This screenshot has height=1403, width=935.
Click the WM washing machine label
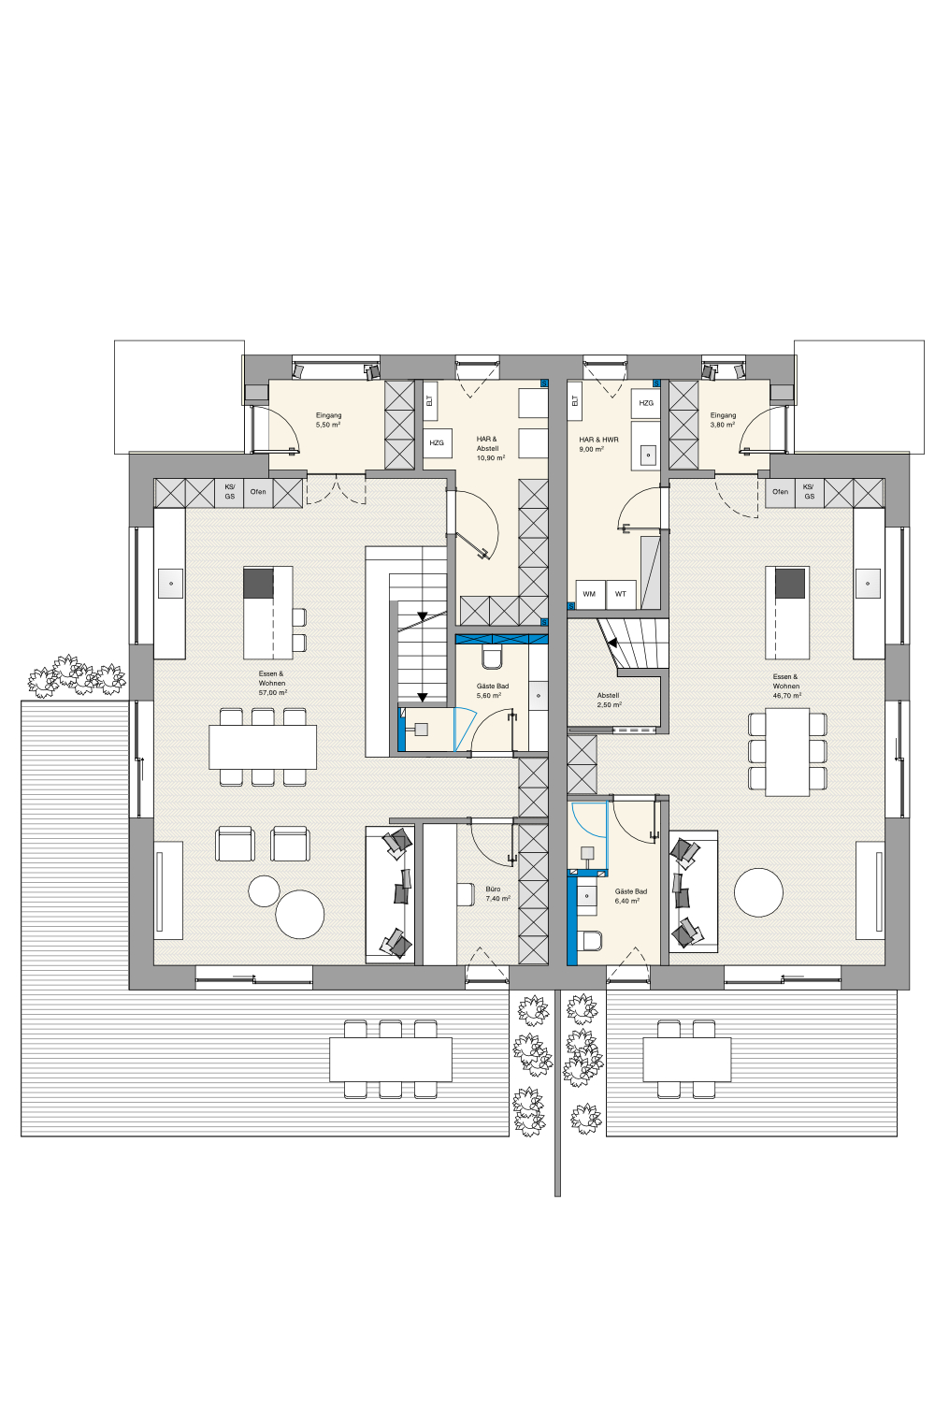589,594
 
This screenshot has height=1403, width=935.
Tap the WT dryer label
620,594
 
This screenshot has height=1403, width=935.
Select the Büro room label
493,889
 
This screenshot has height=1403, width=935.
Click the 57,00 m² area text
272,693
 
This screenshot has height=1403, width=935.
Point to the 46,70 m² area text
786,695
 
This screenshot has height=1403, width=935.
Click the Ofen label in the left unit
258,492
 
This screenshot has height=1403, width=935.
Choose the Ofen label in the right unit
780,492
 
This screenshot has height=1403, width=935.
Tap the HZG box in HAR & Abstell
437,442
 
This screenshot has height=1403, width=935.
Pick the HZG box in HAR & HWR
646,403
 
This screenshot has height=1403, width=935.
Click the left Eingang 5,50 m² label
328,420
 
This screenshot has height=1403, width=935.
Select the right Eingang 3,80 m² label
723,420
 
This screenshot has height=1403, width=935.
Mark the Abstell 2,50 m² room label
608,700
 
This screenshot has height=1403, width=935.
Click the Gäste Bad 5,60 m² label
492,690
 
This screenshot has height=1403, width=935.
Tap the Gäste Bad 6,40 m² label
630,896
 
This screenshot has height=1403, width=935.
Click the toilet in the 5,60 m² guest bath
492,657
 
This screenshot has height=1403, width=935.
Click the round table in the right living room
758,892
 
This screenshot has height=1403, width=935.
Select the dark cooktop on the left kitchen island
258,583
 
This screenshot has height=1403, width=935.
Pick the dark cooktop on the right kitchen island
790,583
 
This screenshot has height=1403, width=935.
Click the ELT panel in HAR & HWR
575,401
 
